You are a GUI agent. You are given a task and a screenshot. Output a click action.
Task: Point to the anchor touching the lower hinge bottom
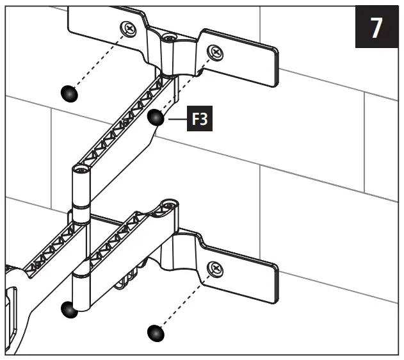pos(69,310)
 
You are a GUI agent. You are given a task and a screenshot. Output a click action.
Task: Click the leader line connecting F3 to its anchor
pos(176,119)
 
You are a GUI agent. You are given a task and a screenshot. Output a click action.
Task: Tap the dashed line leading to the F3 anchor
pos(186,84)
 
